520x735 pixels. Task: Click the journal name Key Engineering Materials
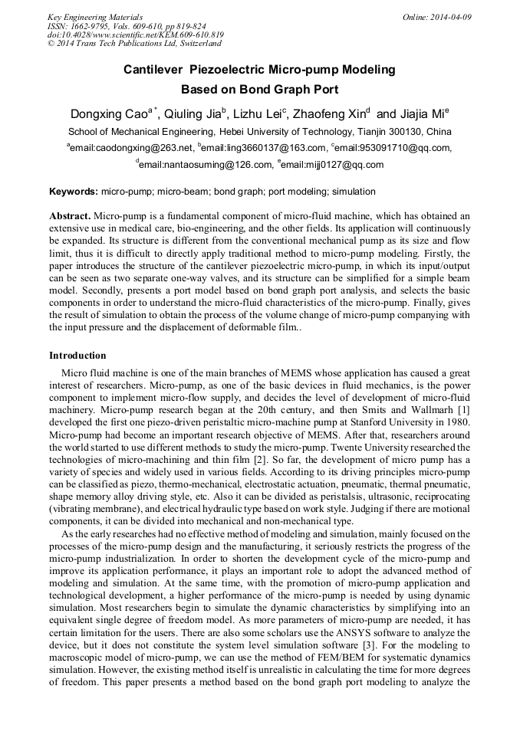click(95, 16)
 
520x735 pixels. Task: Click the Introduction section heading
click(77, 356)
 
